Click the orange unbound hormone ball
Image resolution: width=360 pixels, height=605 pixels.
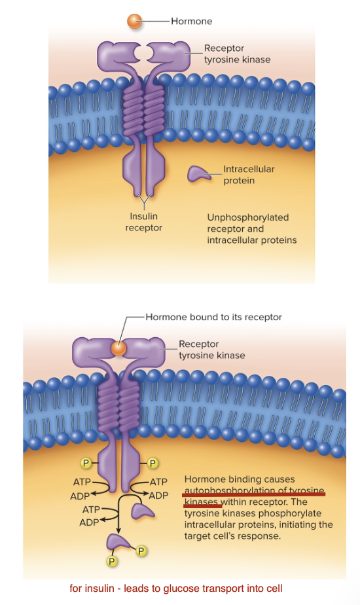(x=135, y=21)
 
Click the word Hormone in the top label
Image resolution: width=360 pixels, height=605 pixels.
(x=191, y=21)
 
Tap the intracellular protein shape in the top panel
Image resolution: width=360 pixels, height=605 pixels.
(x=199, y=174)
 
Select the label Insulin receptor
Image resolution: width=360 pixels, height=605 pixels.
(x=143, y=222)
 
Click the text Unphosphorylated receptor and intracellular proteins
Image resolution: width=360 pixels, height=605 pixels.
(x=251, y=229)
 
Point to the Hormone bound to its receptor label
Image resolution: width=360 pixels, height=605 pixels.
(x=213, y=317)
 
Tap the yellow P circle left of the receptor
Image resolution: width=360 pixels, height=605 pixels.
(x=85, y=464)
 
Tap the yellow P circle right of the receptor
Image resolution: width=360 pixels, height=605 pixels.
(x=152, y=464)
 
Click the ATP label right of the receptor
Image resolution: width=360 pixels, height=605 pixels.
(x=159, y=483)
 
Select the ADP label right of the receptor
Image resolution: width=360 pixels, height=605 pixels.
(x=159, y=496)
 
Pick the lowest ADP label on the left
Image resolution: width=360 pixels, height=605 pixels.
(x=89, y=522)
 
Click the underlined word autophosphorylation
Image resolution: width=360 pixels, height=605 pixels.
(x=228, y=490)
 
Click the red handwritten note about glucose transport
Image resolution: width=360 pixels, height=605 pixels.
(x=175, y=588)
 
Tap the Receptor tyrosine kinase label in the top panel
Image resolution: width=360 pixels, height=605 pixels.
(x=236, y=54)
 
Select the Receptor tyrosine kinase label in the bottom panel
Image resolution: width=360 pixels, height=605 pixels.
(x=211, y=350)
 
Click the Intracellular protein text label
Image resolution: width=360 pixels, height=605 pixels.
(x=248, y=174)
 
